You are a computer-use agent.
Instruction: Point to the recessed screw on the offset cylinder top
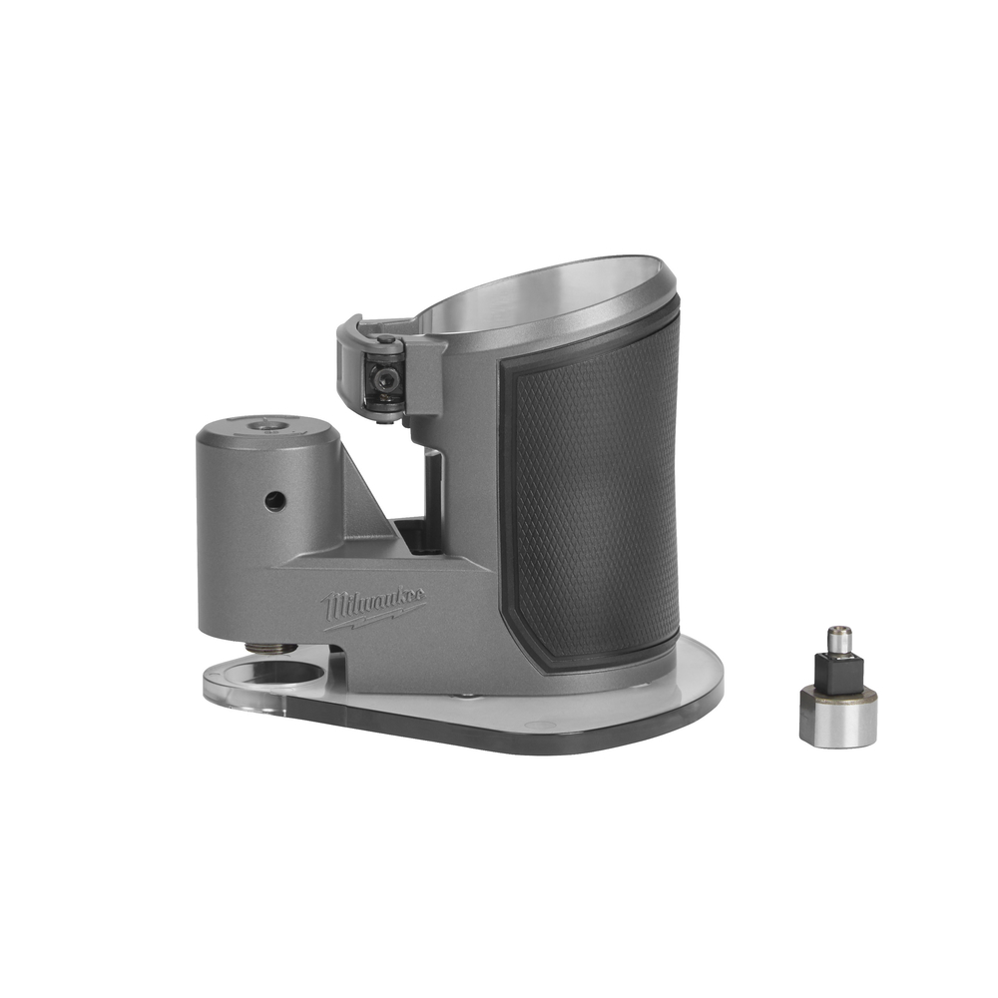[x=264, y=425]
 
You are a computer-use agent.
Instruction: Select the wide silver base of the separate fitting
[x=838, y=721]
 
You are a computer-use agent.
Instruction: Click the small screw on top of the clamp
[x=384, y=338]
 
